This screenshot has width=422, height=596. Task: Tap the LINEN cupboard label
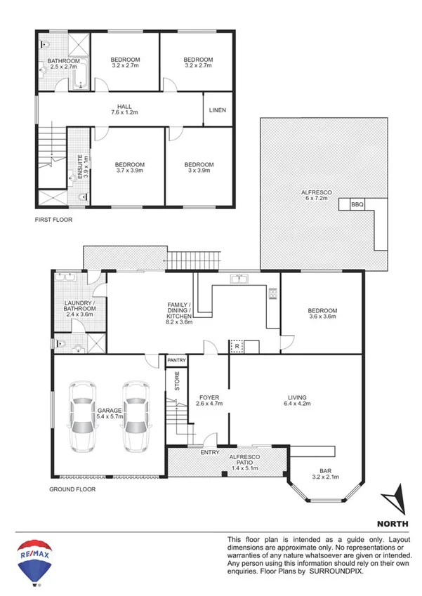pyautogui.click(x=218, y=111)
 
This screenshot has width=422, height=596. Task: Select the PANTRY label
pyautogui.click(x=176, y=361)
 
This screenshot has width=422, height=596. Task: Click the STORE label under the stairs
pyautogui.click(x=177, y=383)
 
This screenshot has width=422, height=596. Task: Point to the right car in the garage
pyautogui.click(x=137, y=416)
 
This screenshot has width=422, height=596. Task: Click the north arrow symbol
pyautogui.click(x=394, y=500)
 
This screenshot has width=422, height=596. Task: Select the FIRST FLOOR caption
pyautogui.click(x=53, y=220)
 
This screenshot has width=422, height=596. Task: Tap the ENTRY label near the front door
pyautogui.click(x=209, y=453)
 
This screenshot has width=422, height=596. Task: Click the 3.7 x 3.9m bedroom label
pyautogui.click(x=130, y=168)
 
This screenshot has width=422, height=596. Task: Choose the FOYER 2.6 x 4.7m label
pyautogui.click(x=209, y=401)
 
